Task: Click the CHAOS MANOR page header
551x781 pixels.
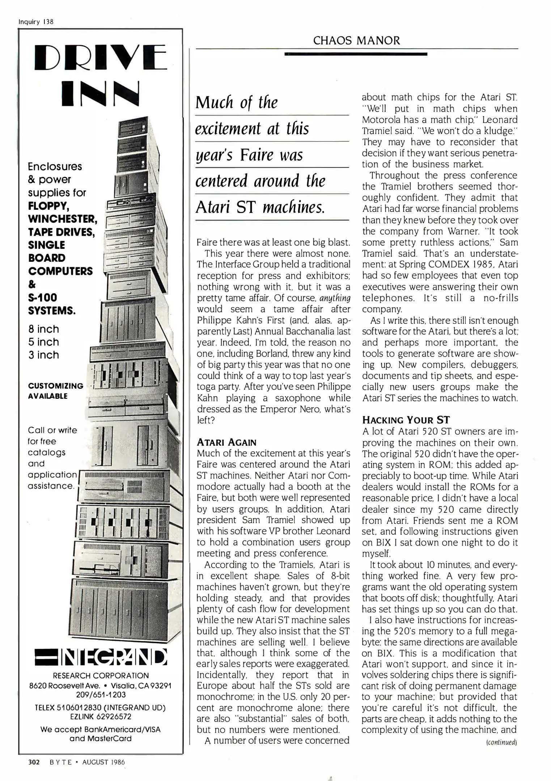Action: point(356,40)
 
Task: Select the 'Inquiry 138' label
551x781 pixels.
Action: point(36,22)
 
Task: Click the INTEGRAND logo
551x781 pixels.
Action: point(101,658)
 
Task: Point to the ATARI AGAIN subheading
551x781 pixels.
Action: point(226,442)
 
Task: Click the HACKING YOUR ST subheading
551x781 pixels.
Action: point(406,420)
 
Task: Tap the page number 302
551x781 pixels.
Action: point(34,762)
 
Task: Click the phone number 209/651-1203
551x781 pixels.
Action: point(101,695)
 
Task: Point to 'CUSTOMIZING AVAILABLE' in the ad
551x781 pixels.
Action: point(56,391)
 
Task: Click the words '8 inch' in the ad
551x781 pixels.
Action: point(43,329)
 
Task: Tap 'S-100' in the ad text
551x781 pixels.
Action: point(43,298)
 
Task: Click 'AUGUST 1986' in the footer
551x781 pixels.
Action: point(103,762)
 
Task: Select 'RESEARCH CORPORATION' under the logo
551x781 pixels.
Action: point(101,675)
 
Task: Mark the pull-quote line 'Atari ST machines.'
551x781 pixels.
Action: point(260,207)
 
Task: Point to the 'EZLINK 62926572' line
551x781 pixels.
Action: point(101,716)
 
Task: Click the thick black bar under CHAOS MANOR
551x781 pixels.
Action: point(356,54)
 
